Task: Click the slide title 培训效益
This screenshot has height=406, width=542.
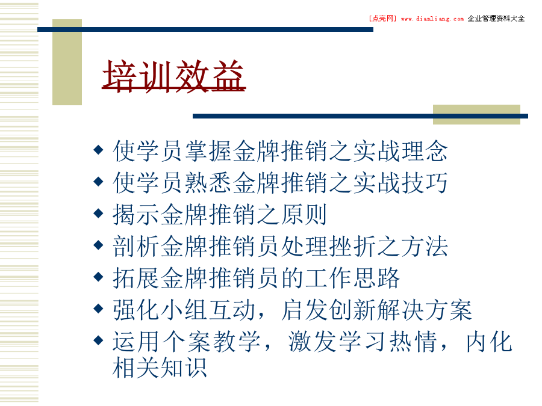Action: tap(174, 76)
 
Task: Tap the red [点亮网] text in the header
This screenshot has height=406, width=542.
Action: tap(382, 19)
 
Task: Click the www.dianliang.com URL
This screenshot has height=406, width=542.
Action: tap(432, 19)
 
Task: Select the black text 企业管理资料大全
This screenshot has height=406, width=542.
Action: tap(496, 19)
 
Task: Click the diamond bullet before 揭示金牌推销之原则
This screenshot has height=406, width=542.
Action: tap(99, 213)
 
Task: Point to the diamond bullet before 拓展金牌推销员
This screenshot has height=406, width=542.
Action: tap(99, 277)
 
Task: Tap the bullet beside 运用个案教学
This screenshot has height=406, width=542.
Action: tap(99, 340)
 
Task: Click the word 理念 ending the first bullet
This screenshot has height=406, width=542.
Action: tap(424, 151)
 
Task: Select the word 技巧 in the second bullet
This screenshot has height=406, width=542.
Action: tap(424, 183)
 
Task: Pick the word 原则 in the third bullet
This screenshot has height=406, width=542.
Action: tap(304, 214)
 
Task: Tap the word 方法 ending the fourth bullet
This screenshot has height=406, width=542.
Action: tap(424, 246)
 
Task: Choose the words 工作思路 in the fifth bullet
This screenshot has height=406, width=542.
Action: tap(352, 278)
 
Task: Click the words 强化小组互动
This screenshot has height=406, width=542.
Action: tap(184, 310)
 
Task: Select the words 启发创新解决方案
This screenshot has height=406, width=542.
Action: tap(376, 310)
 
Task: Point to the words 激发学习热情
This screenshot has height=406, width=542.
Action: tap(363, 342)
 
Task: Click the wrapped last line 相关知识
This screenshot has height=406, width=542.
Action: tap(160, 367)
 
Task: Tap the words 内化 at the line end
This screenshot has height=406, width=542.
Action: tap(489, 342)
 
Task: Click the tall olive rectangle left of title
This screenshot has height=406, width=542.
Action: tap(67, 62)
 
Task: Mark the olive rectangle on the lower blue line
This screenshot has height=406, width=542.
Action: tap(477, 115)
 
